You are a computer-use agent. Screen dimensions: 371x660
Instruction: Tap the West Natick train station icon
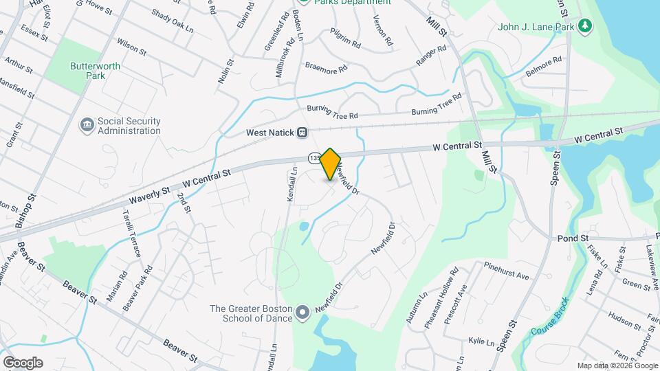coord(302,133)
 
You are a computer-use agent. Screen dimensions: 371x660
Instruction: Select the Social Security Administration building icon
coord(87,125)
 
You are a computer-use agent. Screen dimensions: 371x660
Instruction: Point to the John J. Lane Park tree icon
coord(585,26)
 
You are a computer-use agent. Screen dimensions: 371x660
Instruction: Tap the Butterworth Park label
coord(87,71)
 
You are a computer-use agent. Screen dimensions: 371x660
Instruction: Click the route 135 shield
coord(314,158)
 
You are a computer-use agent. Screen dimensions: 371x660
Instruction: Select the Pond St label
coord(574,238)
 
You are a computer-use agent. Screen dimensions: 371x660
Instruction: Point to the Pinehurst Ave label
coord(506,271)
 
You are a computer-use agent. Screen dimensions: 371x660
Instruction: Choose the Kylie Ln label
coord(481,342)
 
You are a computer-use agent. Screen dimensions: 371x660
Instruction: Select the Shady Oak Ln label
coord(169,15)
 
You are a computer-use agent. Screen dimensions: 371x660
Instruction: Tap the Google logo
coord(23,362)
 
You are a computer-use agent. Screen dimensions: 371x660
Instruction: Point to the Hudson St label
coord(624,320)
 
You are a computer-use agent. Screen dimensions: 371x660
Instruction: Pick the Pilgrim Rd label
coord(345,47)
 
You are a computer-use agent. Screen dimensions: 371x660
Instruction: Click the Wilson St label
coord(131,47)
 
